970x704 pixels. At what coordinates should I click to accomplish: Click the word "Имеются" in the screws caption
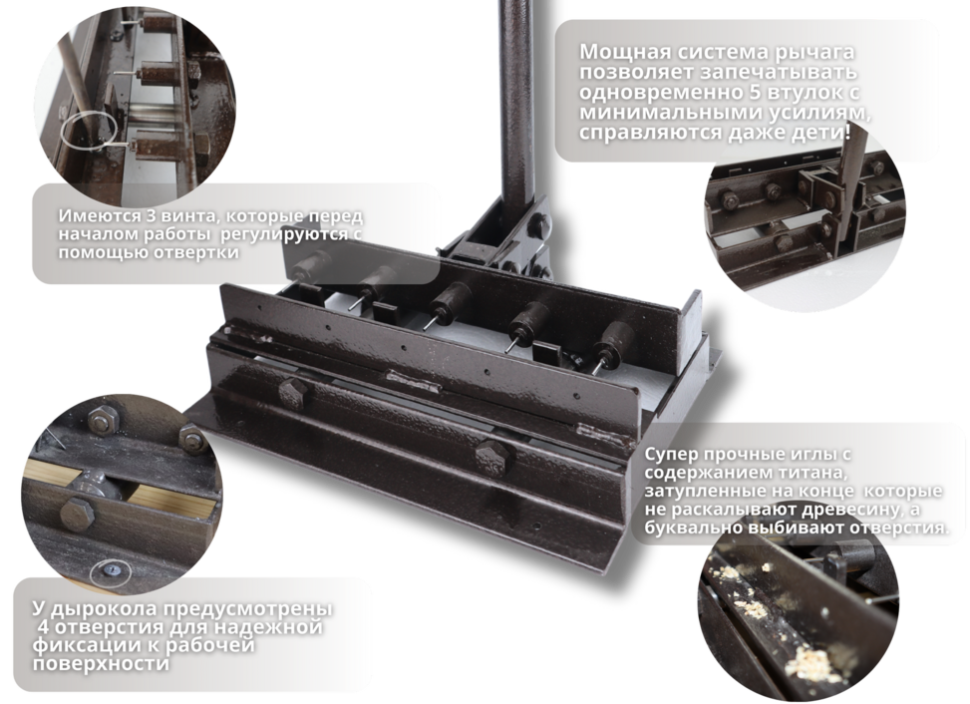[91, 216]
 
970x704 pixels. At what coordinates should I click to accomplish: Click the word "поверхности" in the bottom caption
[101, 664]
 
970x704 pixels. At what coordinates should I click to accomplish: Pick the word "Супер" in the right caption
[671, 454]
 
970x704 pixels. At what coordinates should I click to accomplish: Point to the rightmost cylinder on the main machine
[616, 340]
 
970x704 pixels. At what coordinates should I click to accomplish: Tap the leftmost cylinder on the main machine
[311, 266]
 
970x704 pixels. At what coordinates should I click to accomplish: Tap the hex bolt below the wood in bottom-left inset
[77, 516]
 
